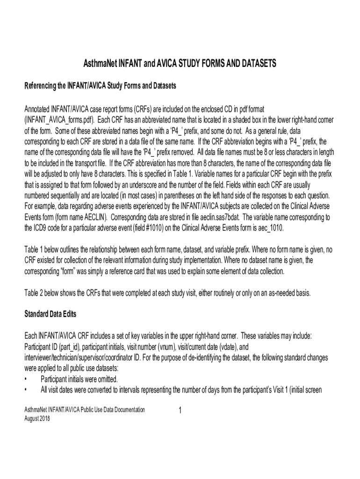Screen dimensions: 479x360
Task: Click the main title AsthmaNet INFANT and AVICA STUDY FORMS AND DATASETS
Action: coord(180,63)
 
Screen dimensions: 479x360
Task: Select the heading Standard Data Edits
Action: coord(50,313)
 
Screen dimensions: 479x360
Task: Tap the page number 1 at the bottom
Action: coord(180,411)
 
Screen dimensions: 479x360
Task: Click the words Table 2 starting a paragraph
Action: coord(34,293)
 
